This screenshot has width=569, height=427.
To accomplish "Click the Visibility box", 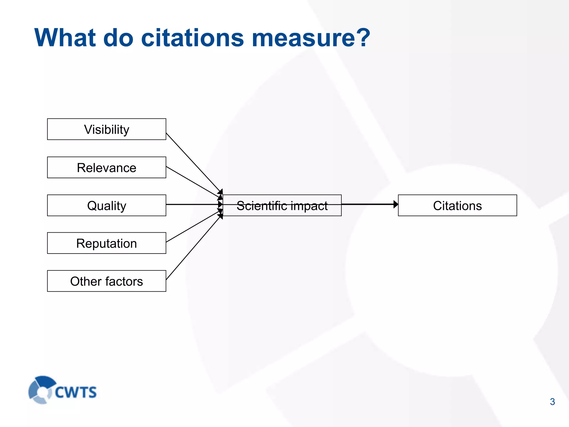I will [107, 129].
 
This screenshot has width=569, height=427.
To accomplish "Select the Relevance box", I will [107, 167].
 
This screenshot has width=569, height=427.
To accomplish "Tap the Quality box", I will [107, 205].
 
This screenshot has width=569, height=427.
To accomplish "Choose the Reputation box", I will [107, 243].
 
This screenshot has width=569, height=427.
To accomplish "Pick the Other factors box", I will [107, 281].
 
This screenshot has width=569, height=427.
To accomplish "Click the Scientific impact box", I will [282, 205].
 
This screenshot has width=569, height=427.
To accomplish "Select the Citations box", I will [457, 205].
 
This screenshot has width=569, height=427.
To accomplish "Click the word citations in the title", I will [192, 38].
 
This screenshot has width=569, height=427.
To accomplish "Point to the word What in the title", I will [65, 38].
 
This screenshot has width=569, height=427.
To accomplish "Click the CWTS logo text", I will [76, 392].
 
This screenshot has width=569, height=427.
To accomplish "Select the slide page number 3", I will [552, 402].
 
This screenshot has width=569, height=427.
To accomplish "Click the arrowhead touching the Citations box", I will [396, 204].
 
